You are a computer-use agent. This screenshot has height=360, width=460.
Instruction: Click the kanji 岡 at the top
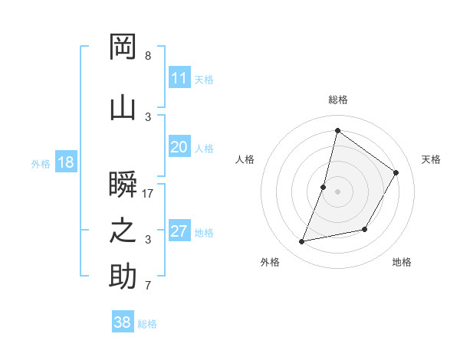pos(123,47)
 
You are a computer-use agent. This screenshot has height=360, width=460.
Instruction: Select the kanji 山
pos(123,108)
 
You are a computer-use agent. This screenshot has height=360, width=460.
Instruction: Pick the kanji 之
pos(123,231)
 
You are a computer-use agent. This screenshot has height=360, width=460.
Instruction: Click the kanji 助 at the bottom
pos(123,277)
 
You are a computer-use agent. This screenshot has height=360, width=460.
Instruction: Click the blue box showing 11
pos(179,78)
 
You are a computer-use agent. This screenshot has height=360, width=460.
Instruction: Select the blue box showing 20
pos(179,147)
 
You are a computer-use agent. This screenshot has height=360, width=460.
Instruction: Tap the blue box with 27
pos(179,231)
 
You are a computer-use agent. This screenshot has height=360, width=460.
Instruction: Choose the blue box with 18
pos(65,162)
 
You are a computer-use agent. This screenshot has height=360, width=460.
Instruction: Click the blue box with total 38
pos(123,322)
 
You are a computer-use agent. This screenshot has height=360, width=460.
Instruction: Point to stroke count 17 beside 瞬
pos(148,194)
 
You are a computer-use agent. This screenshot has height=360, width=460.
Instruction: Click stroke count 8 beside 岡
pos(148,56)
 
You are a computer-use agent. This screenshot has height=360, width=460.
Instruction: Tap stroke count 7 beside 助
pos(148,286)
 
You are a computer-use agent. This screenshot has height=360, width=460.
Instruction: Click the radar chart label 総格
pos(337,100)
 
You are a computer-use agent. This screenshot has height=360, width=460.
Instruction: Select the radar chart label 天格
pos(431,159)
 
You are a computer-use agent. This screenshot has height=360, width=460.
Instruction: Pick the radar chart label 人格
pos(245,159)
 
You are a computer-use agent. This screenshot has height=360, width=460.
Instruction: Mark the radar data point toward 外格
pos(302,241)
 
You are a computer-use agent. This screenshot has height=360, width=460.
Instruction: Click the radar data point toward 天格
pos(396,173)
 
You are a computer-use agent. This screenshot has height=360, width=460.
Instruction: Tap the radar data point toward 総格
pos(337,130)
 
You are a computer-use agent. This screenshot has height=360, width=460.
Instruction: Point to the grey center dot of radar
pos(337,191)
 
